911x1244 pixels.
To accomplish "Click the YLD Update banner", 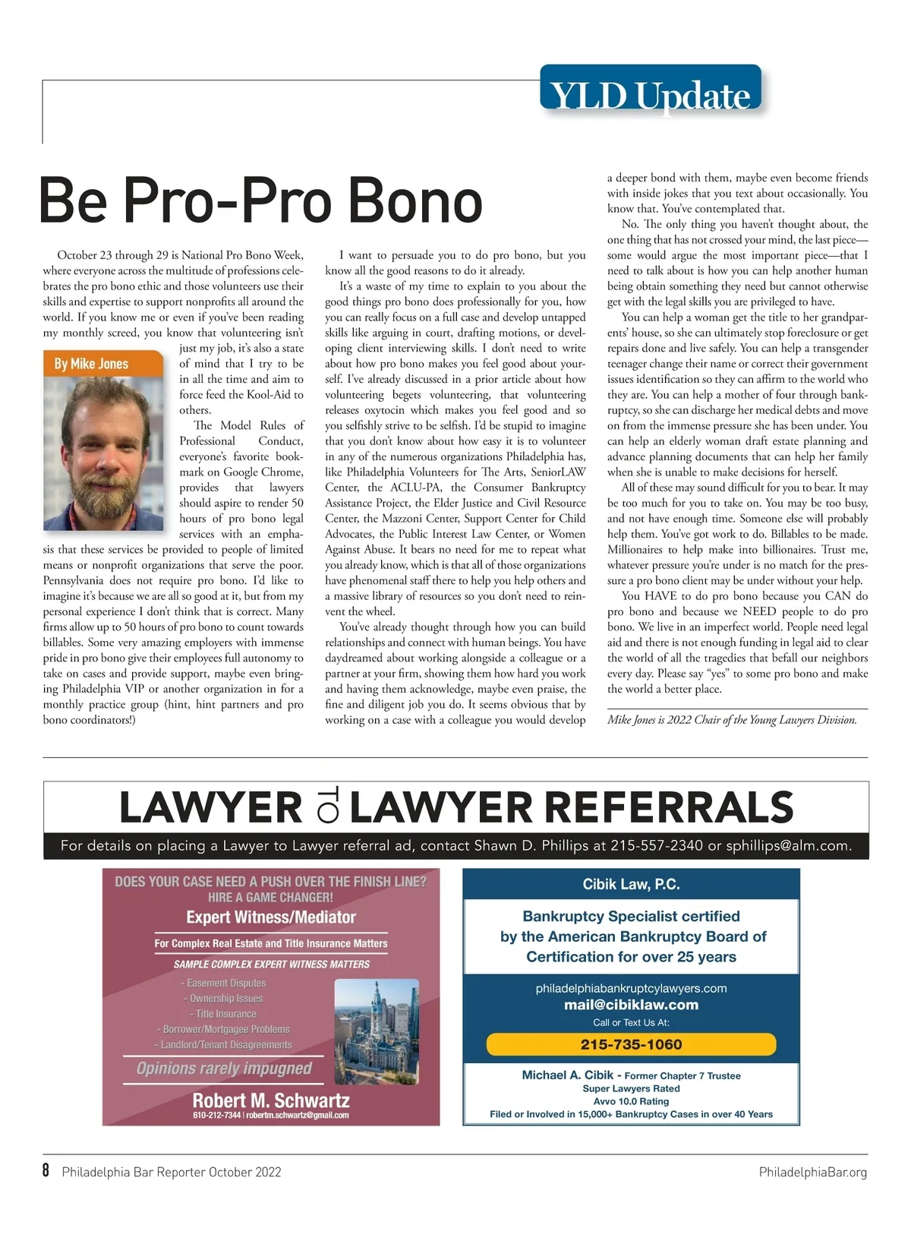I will pyautogui.click(x=650, y=95).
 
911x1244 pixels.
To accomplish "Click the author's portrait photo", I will pyautogui.click(x=104, y=453).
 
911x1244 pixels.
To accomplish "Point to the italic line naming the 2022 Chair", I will pyautogui.click(x=732, y=720).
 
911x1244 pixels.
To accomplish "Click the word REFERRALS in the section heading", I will pyautogui.click(x=572, y=807).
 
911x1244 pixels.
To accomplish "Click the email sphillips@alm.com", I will pyautogui.click(x=789, y=846).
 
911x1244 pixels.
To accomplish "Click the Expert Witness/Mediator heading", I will pyautogui.click(x=271, y=917).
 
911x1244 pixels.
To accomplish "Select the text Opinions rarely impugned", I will pyautogui.click(x=224, y=1069).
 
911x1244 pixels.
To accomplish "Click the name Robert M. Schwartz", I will pyautogui.click(x=271, y=1100).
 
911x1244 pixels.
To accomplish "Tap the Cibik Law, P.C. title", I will pyautogui.click(x=631, y=884).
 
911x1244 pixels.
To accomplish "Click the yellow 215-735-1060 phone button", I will pyautogui.click(x=631, y=1044).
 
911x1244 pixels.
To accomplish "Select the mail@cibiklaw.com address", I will pyautogui.click(x=631, y=1005).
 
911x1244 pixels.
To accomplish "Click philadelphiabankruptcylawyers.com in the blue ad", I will pyautogui.click(x=631, y=988).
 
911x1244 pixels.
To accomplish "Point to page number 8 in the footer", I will pyautogui.click(x=46, y=1171).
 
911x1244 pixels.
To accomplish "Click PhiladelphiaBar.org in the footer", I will pyautogui.click(x=812, y=1172).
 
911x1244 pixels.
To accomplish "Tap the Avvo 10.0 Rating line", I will pyautogui.click(x=631, y=1101).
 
